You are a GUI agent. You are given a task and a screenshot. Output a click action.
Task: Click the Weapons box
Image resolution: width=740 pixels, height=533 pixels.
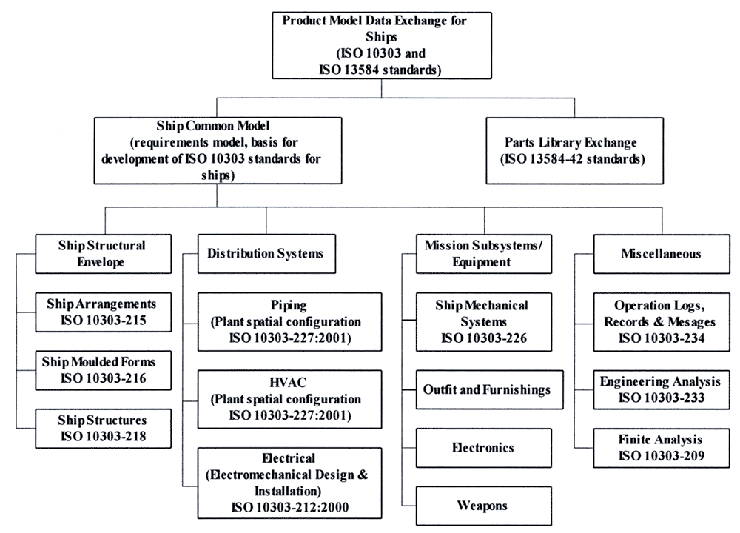[x=484, y=506]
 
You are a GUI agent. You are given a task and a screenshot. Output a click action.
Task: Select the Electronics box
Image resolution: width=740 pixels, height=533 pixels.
[x=484, y=448]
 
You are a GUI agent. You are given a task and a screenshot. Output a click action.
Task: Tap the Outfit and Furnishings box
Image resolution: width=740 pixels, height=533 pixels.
[x=489, y=389]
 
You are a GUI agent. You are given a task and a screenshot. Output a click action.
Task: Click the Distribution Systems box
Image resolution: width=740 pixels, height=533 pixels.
[x=266, y=253]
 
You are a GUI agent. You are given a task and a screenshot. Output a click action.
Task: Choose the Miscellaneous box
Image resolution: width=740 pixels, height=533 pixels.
[x=661, y=254]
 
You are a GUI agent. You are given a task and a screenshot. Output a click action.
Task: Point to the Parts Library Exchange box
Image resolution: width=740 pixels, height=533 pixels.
[x=574, y=150]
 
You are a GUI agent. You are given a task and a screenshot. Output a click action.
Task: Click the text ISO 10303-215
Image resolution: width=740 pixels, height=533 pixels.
[x=104, y=320]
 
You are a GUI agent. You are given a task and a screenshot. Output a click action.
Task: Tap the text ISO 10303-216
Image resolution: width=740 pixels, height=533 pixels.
[x=104, y=378]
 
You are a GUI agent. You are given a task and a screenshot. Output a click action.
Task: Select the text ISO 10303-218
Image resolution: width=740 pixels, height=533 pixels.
[x=104, y=436]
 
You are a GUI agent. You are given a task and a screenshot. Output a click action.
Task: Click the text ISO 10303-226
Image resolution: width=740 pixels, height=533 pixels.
[x=484, y=338]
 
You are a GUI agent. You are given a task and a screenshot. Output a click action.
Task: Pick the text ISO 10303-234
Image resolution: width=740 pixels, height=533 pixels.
[x=662, y=338]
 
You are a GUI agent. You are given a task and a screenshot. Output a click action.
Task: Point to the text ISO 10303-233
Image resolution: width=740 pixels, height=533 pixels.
[x=662, y=398]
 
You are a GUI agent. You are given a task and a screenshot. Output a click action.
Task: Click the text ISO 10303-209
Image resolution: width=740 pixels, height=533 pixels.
[x=662, y=455]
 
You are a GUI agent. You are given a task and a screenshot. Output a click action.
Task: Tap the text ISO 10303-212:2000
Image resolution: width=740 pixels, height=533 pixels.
[x=290, y=507]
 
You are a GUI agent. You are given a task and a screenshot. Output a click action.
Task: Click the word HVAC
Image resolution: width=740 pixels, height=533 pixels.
[x=288, y=382]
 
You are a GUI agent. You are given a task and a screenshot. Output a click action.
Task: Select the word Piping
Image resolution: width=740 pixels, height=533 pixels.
[x=289, y=306]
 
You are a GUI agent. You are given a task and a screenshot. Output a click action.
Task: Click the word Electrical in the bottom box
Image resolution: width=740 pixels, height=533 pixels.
[x=289, y=458]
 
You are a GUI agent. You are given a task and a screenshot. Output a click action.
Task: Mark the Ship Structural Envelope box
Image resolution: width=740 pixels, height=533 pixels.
[x=104, y=254]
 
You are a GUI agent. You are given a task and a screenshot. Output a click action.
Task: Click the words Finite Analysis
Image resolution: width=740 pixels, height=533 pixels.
[x=660, y=440]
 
